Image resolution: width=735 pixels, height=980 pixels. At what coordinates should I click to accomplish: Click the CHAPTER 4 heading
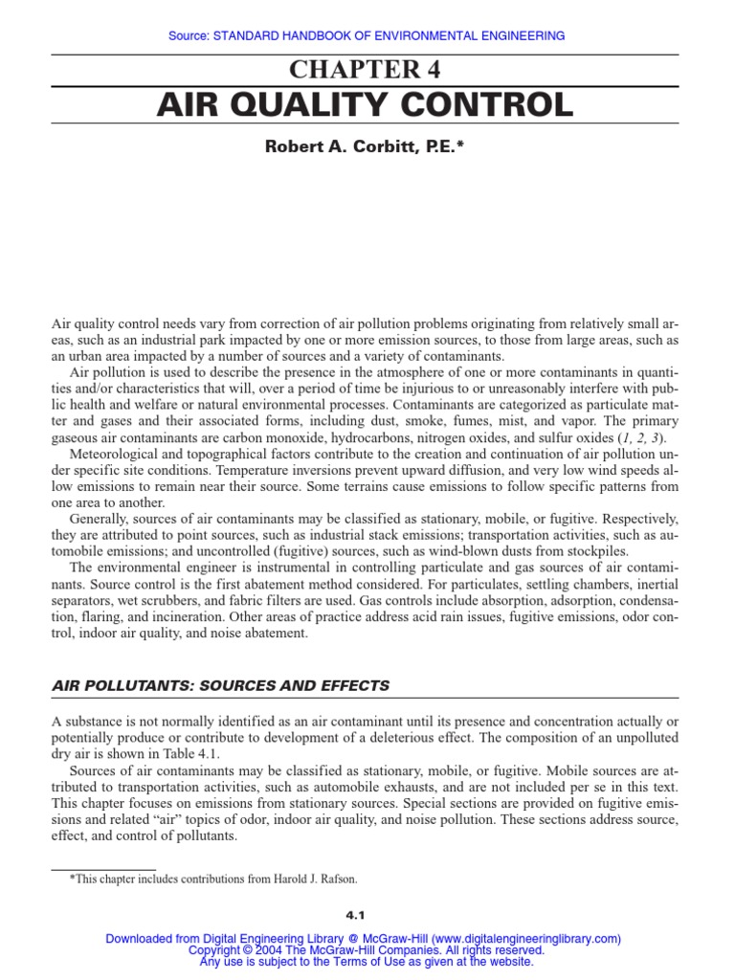[367, 69]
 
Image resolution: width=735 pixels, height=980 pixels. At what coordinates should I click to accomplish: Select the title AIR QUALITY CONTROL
[367, 104]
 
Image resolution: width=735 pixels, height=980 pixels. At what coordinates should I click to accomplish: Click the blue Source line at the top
[367, 35]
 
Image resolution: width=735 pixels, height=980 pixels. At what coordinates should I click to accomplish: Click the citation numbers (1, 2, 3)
[633, 437]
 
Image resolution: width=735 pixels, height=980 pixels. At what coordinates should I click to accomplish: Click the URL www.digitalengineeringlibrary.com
[527, 939]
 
